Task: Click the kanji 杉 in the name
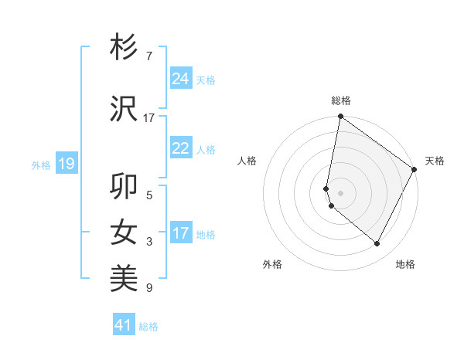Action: (x=125, y=48)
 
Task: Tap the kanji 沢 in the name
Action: (x=125, y=109)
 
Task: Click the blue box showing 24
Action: (x=181, y=79)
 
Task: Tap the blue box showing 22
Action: (x=181, y=148)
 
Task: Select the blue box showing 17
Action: (x=181, y=233)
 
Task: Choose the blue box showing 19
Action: (x=66, y=164)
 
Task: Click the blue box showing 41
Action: (x=124, y=325)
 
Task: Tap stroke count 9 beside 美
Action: (x=148, y=288)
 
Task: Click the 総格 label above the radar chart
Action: (x=341, y=100)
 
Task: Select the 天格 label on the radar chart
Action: (x=435, y=161)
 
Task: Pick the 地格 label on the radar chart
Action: (x=405, y=264)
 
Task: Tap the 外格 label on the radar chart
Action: (x=272, y=264)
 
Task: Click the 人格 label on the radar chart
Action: (x=247, y=161)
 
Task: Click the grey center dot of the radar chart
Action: (x=341, y=192)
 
